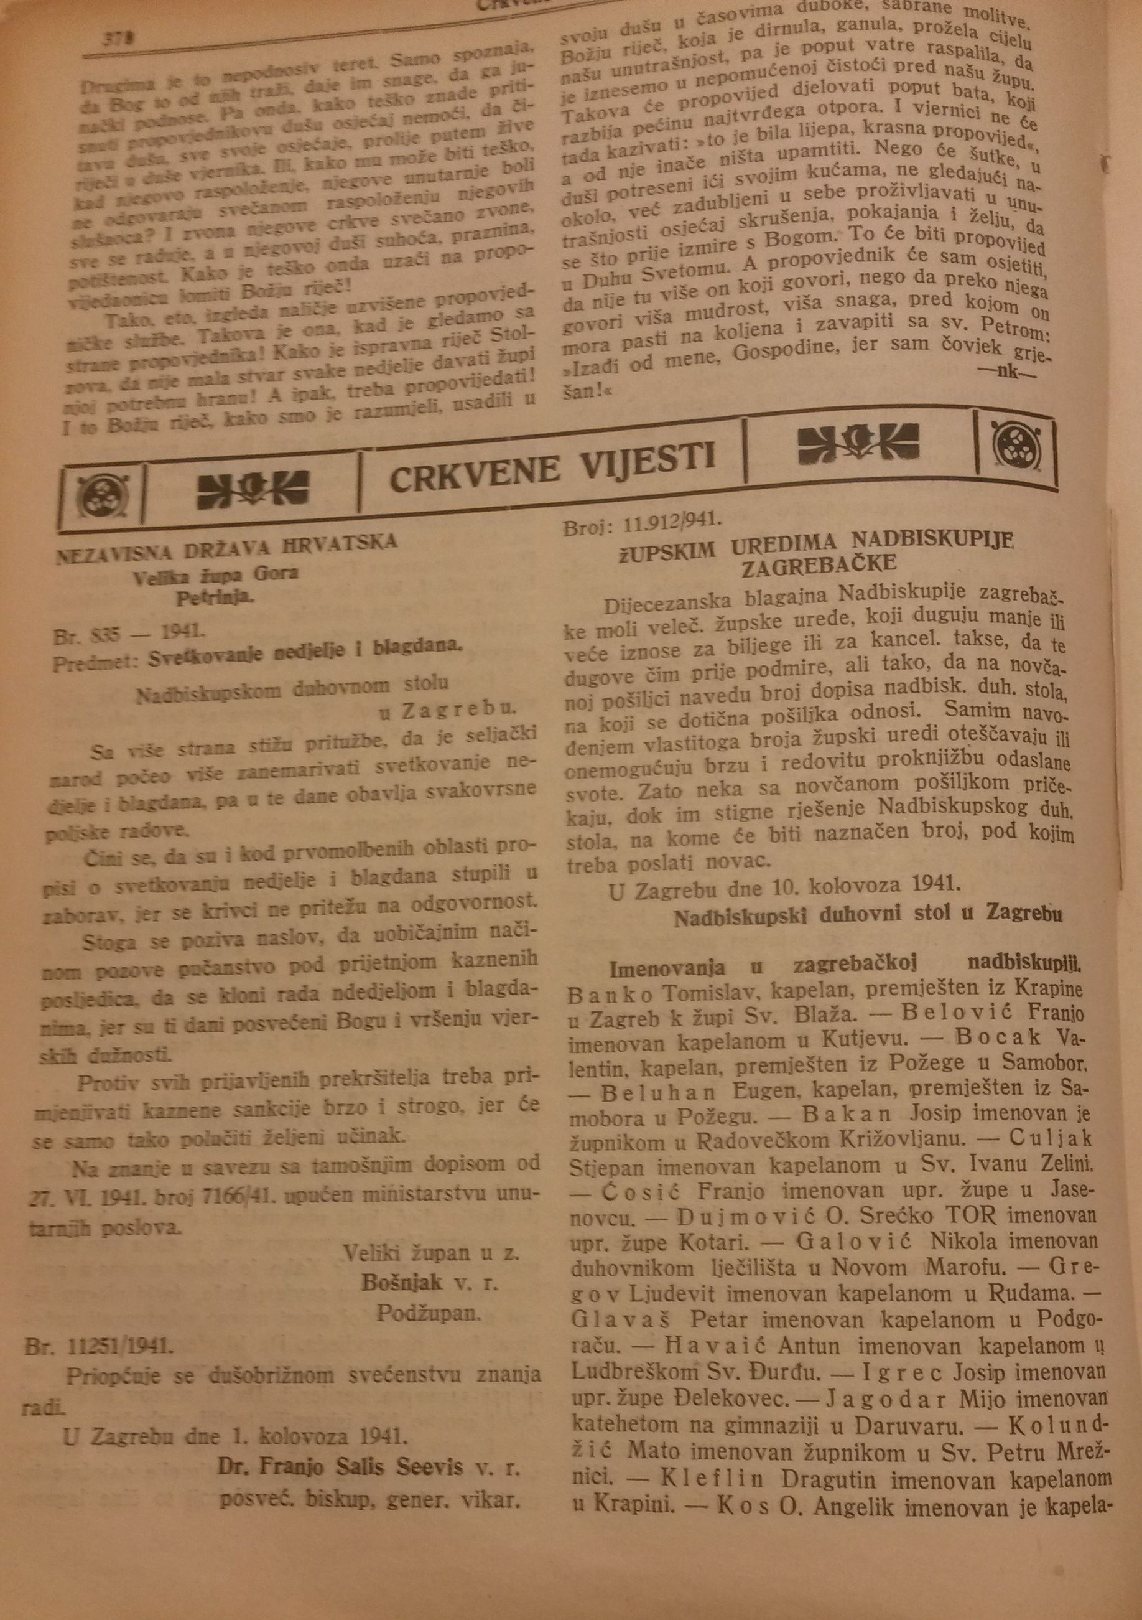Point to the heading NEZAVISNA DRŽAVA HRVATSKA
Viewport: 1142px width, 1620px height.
(226, 547)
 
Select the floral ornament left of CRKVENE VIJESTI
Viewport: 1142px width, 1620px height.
(252, 487)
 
